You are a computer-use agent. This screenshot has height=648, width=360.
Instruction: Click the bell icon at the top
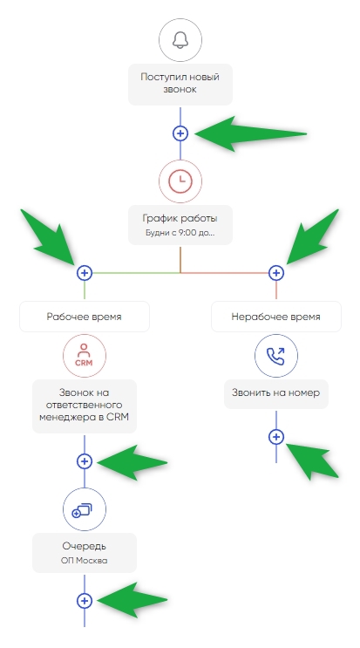(180, 40)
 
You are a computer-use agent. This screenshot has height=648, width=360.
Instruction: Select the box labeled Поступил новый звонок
(180, 85)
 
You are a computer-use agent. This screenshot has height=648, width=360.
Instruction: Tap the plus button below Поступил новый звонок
(180, 133)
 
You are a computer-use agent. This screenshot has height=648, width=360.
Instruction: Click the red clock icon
(180, 181)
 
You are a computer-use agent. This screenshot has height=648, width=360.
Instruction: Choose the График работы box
(180, 225)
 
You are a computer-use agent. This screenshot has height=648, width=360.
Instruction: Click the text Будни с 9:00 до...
(180, 232)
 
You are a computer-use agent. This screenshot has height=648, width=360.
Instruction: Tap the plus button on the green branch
(85, 273)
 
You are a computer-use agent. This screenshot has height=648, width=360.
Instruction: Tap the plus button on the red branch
(276, 273)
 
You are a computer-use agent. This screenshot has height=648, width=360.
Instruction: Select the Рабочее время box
(85, 317)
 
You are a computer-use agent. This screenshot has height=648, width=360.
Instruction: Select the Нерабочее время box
(276, 317)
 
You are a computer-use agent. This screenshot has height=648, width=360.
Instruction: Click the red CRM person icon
(85, 356)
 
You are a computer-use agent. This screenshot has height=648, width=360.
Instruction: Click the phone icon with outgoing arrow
(276, 356)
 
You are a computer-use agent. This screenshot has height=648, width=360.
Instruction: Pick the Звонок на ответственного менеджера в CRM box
(85, 406)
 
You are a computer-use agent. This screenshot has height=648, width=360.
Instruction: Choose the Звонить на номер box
(276, 394)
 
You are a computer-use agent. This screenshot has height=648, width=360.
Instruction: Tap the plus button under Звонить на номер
(276, 437)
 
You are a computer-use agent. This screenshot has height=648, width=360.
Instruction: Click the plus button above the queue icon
(85, 461)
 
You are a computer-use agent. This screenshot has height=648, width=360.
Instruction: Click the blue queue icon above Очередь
(85, 509)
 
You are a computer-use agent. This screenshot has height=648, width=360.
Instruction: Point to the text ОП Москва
(85, 561)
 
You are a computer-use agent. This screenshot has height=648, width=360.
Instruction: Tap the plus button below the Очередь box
(85, 601)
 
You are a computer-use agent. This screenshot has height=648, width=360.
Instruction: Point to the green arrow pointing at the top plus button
(250, 133)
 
